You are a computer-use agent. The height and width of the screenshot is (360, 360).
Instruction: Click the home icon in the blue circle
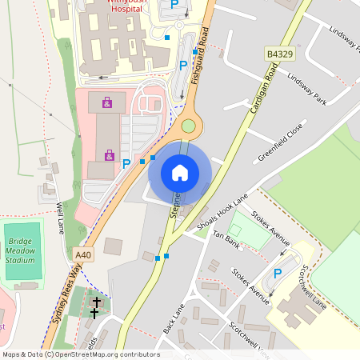point(180,172)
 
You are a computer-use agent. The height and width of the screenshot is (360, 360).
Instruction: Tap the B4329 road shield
point(277,54)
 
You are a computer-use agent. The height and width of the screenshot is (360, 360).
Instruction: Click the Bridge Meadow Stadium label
point(21,250)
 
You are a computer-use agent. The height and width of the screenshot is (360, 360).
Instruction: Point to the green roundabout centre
point(188,125)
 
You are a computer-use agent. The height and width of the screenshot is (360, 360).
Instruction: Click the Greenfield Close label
point(280,142)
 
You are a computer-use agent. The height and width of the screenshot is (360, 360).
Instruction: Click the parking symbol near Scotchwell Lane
point(278,274)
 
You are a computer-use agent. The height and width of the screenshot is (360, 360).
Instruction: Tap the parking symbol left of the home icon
point(126,164)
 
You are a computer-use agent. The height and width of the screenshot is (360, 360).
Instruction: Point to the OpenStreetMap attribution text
point(80,354)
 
